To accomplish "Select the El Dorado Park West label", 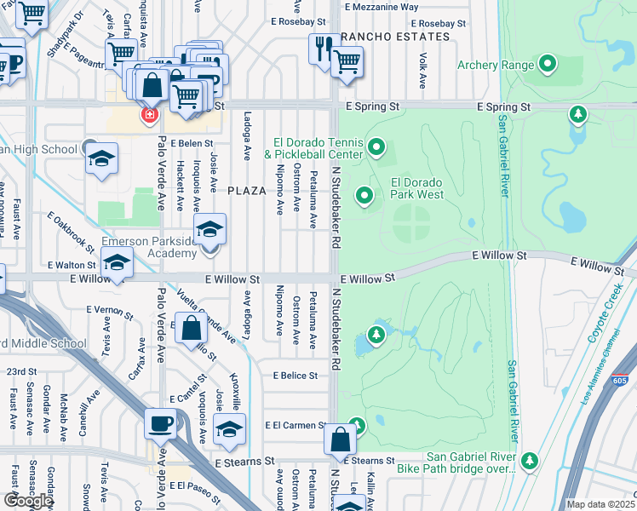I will click(417, 188).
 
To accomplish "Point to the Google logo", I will click(27, 500).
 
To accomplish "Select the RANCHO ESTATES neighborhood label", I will click(394, 37).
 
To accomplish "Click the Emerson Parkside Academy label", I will click(149, 247).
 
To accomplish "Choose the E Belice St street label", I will click(296, 375).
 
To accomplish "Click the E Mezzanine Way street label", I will click(381, 6).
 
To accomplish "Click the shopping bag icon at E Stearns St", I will click(340, 439).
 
